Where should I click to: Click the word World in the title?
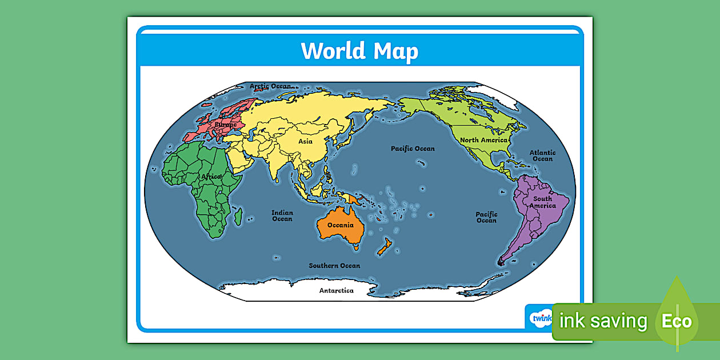click(334, 51)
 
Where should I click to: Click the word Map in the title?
click(396, 51)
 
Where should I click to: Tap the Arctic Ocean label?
click(270, 86)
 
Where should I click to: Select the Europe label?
click(225, 124)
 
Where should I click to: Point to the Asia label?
click(305, 141)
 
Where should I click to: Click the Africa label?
click(211, 177)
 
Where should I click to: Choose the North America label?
click(483, 140)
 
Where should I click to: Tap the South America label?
click(542, 202)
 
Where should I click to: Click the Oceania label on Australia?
click(341, 225)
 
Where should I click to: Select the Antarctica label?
click(336, 290)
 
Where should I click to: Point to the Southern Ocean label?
click(334, 266)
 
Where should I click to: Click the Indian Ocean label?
click(282, 215)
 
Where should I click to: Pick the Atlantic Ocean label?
click(542, 155)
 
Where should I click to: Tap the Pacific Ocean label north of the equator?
click(413, 149)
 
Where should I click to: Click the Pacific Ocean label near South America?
click(486, 217)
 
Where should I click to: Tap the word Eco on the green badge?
click(677, 321)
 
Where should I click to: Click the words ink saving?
click(603, 321)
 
